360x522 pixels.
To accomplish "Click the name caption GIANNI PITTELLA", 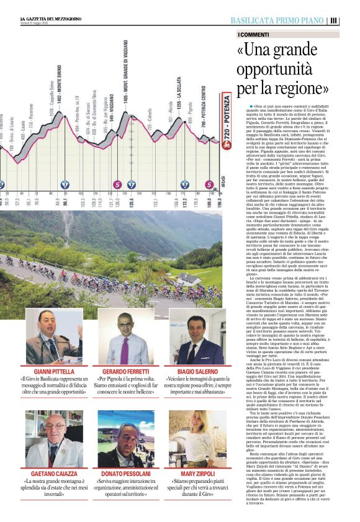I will tap(53, 371).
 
